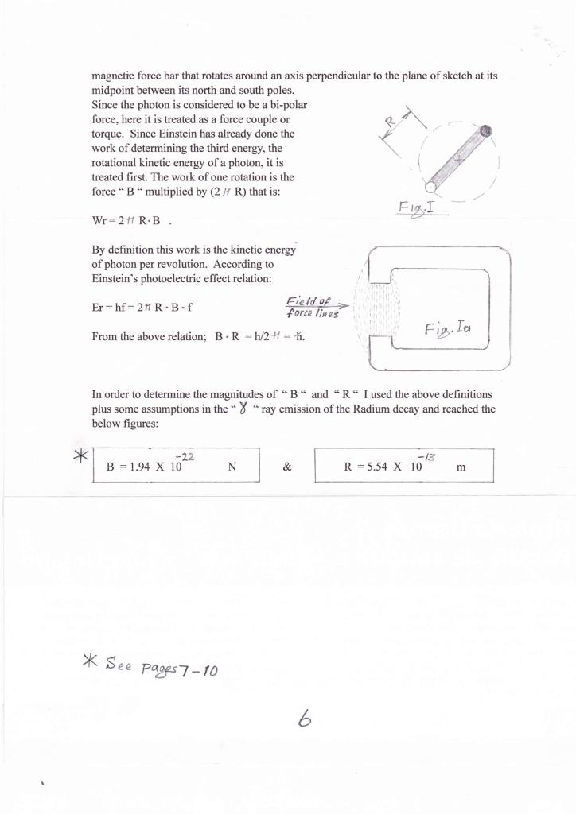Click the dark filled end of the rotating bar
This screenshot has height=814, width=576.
pyautogui.click(x=487, y=131)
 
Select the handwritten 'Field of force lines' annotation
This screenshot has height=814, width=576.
pyautogui.click(x=312, y=307)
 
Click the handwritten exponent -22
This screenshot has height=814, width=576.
pyautogui.click(x=185, y=455)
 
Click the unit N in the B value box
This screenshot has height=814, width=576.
pyautogui.click(x=232, y=467)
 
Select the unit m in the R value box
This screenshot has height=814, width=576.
pyautogui.click(x=461, y=467)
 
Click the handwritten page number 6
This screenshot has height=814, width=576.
pyautogui.click(x=304, y=719)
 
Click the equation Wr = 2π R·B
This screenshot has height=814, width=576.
pyautogui.click(x=127, y=220)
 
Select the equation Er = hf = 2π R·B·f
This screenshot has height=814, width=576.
pyautogui.click(x=142, y=308)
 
